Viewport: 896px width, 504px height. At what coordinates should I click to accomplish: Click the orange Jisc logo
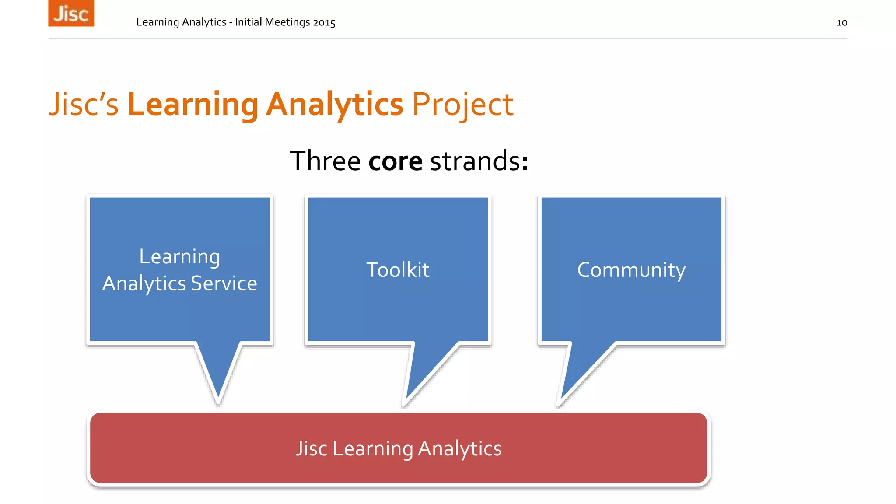(71, 13)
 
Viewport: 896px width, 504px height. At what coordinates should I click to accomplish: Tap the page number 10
(841, 23)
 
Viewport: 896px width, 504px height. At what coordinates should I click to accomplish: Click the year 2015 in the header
(324, 22)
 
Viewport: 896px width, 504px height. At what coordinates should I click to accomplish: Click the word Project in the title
(462, 105)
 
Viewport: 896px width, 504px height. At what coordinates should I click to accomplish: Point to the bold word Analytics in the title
(334, 105)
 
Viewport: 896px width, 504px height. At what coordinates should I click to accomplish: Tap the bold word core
(395, 161)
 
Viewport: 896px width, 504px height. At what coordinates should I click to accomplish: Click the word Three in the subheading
(325, 161)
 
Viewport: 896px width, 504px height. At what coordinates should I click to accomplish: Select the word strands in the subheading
(476, 161)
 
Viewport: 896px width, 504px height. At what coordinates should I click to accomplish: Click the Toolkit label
(398, 270)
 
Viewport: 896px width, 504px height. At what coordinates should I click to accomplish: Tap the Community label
(631, 270)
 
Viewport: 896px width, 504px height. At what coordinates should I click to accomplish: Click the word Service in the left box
(224, 283)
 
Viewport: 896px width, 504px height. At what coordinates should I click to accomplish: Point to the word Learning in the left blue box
(179, 257)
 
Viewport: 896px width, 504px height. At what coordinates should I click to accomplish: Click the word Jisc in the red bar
(311, 448)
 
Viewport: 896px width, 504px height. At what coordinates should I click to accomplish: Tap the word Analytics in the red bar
(459, 448)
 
